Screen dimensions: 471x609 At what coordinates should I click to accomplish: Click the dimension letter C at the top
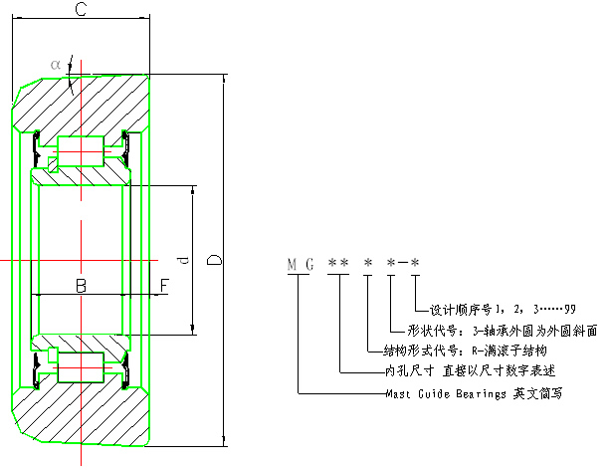coord(83,11)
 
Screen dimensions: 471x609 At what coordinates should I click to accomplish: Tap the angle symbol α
coord(56,66)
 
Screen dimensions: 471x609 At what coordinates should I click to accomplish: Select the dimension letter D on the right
coord(214,261)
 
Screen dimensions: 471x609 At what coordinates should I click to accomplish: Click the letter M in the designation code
coord(294,265)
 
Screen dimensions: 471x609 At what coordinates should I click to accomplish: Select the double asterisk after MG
coord(338,264)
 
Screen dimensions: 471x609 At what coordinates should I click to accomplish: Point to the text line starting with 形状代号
coord(503,330)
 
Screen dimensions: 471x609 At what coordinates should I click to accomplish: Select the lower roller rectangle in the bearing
coord(82,367)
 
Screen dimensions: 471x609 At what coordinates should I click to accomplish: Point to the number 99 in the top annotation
coord(568,309)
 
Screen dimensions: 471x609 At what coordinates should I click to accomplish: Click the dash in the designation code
coord(403,264)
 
